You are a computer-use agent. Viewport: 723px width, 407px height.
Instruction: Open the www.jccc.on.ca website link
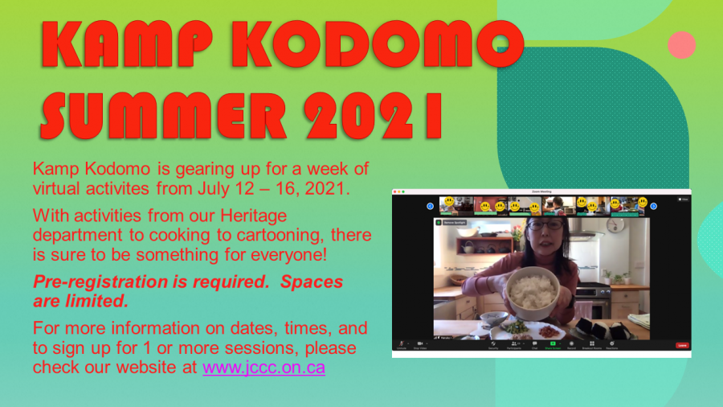pyautogui.click(x=263, y=368)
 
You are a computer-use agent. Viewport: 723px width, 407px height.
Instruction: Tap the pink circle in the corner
pyautogui.click(x=681, y=44)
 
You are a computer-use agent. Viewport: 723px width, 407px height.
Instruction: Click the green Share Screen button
pyautogui.click(x=553, y=344)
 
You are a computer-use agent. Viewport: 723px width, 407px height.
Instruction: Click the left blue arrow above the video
pyautogui.click(x=430, y=206)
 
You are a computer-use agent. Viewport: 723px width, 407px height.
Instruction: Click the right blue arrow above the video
pyautogui.click(x=653, y=206)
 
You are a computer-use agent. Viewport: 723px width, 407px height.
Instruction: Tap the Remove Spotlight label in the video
pyautogui.click(x=456, y=221)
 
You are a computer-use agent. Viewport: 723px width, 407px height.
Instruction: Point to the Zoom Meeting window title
pyautogui.click(x=541, y=192)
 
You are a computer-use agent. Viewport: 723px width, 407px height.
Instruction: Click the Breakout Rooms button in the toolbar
pyautogui.click(x=591, y=344)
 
